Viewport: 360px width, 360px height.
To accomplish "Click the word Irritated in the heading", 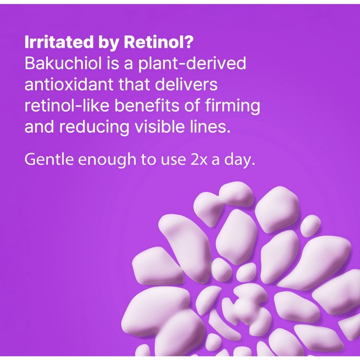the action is coord(59,42).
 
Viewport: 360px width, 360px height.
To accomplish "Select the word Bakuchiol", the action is coord(63,63).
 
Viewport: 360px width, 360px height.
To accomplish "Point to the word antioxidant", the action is coord(69,84).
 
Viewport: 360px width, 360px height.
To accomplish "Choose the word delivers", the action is coord(186,84).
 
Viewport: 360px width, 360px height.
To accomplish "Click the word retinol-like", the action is coord(67,105).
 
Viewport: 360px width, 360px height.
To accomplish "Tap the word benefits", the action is coord(147,105).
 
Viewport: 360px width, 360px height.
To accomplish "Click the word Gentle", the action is coord(49,159).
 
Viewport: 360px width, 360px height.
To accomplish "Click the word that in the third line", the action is coord(134,84).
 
